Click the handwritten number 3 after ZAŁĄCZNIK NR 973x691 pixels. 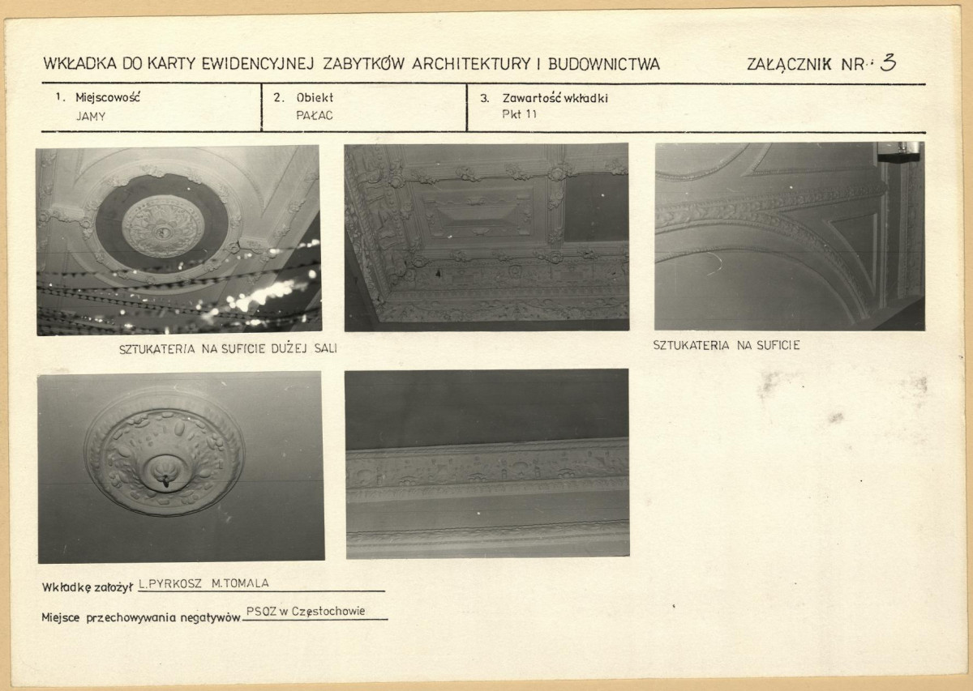pyautogui.click(x=888, y=63)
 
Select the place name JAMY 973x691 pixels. pyautogui.click(x=91, y=117)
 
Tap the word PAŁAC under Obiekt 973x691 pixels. pyautogui.click(x=315, y=116)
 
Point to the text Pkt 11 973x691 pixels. pyautogui.click(x=519, y=114)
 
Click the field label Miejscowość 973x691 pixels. pyautogui.click(x=108, y=98)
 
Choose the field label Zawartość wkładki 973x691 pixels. pyautogui.click(x=555, y=99)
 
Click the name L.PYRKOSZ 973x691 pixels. pyautogui.click(x=170, y=583)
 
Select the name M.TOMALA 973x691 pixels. pyautogui.click(x=240, y=583)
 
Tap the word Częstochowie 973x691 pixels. pyautogui.click(x=328, y=612)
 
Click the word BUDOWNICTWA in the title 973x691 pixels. pyautogui.click(x=604, y=64)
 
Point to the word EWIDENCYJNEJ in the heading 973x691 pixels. pyautogui.click(x=257, y=64)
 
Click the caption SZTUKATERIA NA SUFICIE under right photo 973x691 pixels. pyautogui.click(x=727, y=345)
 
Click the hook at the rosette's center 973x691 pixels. pyautogui.click(x=165, y=480)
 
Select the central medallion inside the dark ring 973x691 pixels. pyautogui.click(x=163, y=226)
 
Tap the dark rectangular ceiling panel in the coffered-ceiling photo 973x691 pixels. pyautogui.click(x=595, y=207)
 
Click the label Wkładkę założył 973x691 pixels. pyautogui.click(x=88, y=587)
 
